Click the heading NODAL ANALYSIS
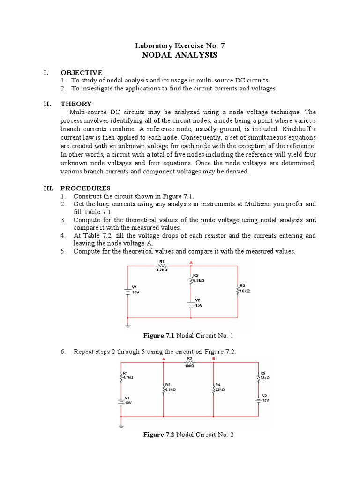[x=180, y=55]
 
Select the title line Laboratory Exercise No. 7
[x=180, y=45]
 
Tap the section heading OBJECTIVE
[x=81, y=73]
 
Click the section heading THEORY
[x=76, y=104]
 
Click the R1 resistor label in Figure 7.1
[x=162, y=261]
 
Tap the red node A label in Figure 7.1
[x=190, y=262]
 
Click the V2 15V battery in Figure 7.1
[x=191, y=303]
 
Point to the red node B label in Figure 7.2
[x=214, y=359]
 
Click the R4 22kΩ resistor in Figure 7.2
[x=214, y=389]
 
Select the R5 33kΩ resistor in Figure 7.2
[x=258, y=376]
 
